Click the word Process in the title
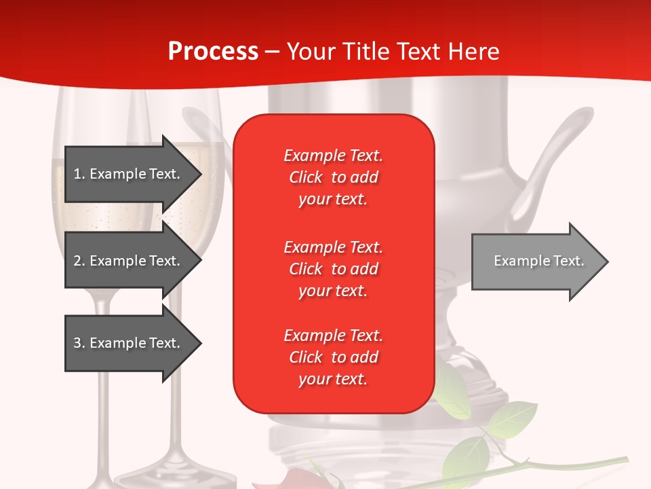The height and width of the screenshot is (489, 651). (x=213, y=52)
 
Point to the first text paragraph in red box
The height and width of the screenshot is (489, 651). (x=333, y=177)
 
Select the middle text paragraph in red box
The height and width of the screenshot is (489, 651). (x=333, y=269)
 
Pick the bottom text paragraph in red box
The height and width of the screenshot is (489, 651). (x=333, y=357)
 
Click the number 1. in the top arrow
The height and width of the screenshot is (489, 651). (x=79, y=174)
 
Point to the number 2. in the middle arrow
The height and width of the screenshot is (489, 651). (x=79, y=261)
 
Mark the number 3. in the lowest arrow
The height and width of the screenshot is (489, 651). (x=79, y=343)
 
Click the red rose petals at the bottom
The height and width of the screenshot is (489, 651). (x=305, y=479)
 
